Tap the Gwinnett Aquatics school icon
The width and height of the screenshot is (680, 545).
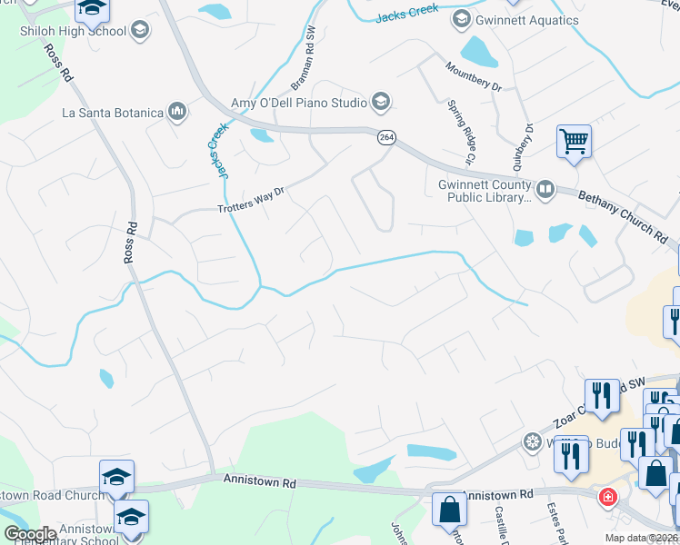pyautogui.click(x=461, y=19)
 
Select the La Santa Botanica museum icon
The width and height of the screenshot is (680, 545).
pyautogui.click(x=176, y=113)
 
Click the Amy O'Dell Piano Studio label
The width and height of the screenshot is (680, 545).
pyautogui.click(x=298, y=103)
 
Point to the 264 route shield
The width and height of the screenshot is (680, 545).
pyautogui.click(x=386, y=136)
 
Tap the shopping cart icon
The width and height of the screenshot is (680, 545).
pyautogui.click(x=574, y=142)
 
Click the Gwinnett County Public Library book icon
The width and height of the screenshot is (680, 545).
pyautogui.click(x=545, y=189)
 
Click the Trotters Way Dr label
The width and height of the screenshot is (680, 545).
pyautogui.click(x=252, y=202)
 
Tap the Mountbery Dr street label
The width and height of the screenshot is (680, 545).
pyautogui.click(x=473, y=76)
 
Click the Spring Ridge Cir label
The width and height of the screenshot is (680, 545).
pyautogui.click(x=462, y=132)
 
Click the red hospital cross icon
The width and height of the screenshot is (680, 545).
pyautogui.click(x=606, y=498)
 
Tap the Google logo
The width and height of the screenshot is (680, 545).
pyautogui.click(x=29, y=534)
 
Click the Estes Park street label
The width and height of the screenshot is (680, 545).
pyautogui.click(x=556, y=523)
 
